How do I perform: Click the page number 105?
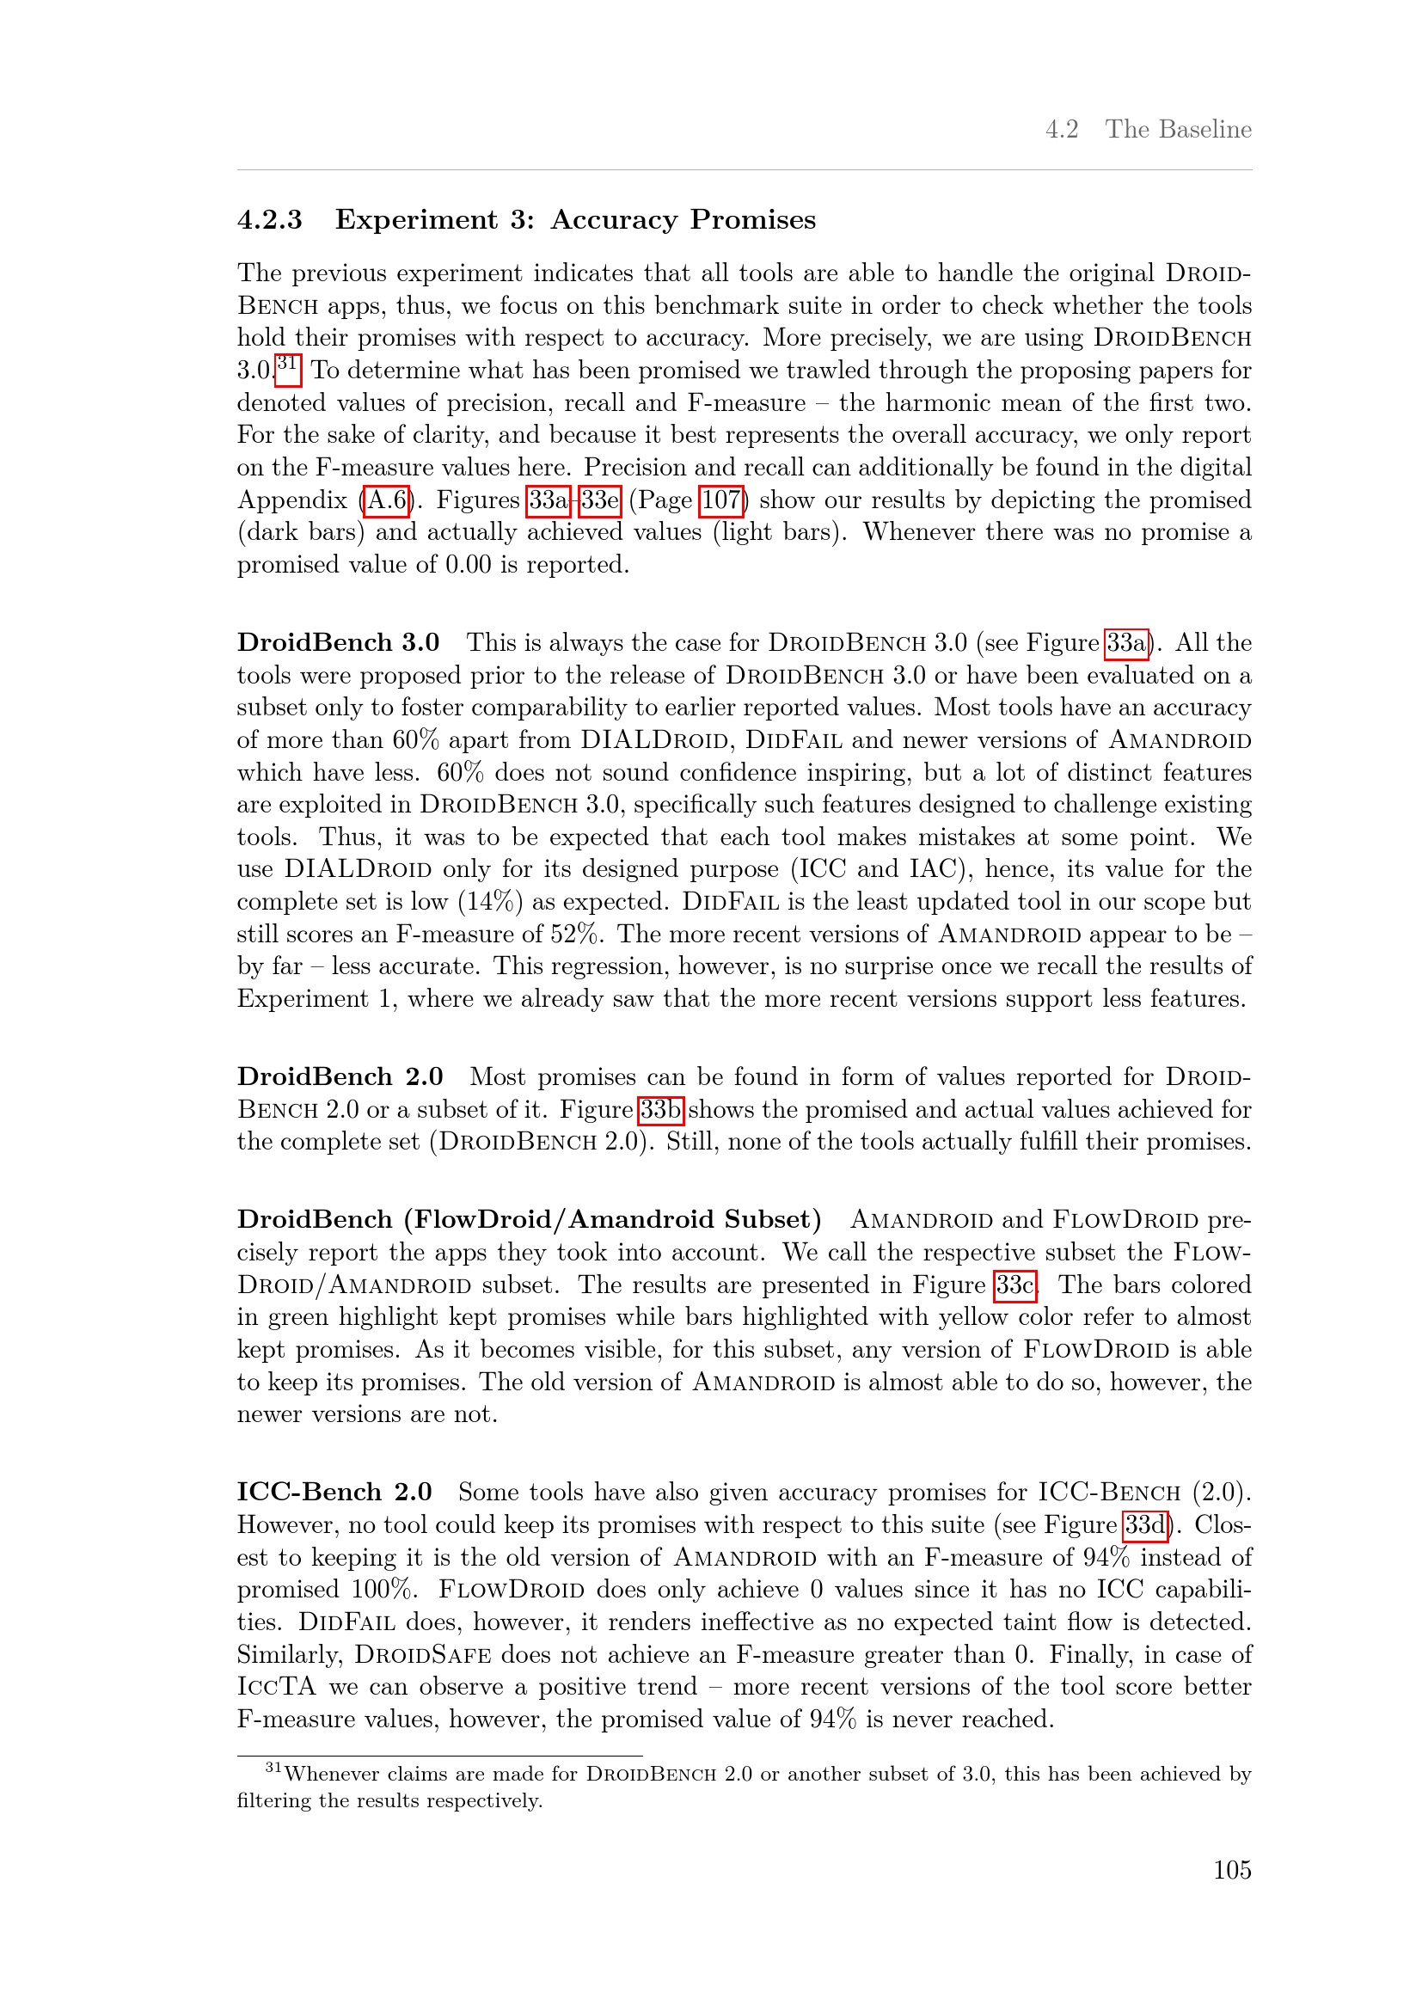[1231, 1869]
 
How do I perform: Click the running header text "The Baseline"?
[1178, 129]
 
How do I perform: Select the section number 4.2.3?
[270, 219]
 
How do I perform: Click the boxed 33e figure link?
[600, 500]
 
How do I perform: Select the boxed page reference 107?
[720, 500]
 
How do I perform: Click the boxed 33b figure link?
[660, 1110]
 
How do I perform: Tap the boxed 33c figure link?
[1014, 1284]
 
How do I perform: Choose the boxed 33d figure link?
[1145, 1525]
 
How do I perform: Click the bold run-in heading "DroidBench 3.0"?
[338, 642]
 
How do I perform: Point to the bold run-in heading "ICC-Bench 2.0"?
[334, 1492]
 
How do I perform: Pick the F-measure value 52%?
[576, 934]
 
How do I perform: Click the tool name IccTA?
[276, 1686]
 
